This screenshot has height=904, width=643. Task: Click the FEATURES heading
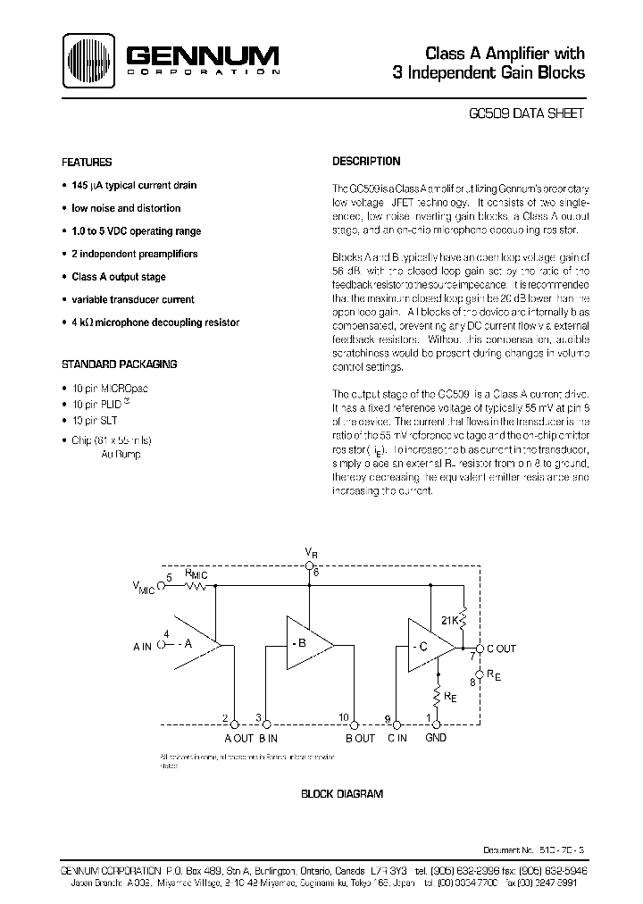pyautogui.click(x=86, y=163)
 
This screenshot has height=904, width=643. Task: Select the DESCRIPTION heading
pyautogui.click(x=366, y=162)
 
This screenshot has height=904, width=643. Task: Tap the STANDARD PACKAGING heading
pyautogui.click(x=119, y=364)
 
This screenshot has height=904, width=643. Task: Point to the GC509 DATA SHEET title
pyautogui.click(x=526, y=114)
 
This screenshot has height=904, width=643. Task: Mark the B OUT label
pyautogui.click(x=359, y=738)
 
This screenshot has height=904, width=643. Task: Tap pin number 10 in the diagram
pyautogui.click(x=344, y=717)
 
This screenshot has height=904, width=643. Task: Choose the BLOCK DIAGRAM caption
pyautogui.click(x=342, y=793)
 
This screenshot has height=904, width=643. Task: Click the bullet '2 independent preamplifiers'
pyautogui.click(x=134, y=255)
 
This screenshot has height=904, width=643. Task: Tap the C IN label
pyautogui.click(x=398, y=738)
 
